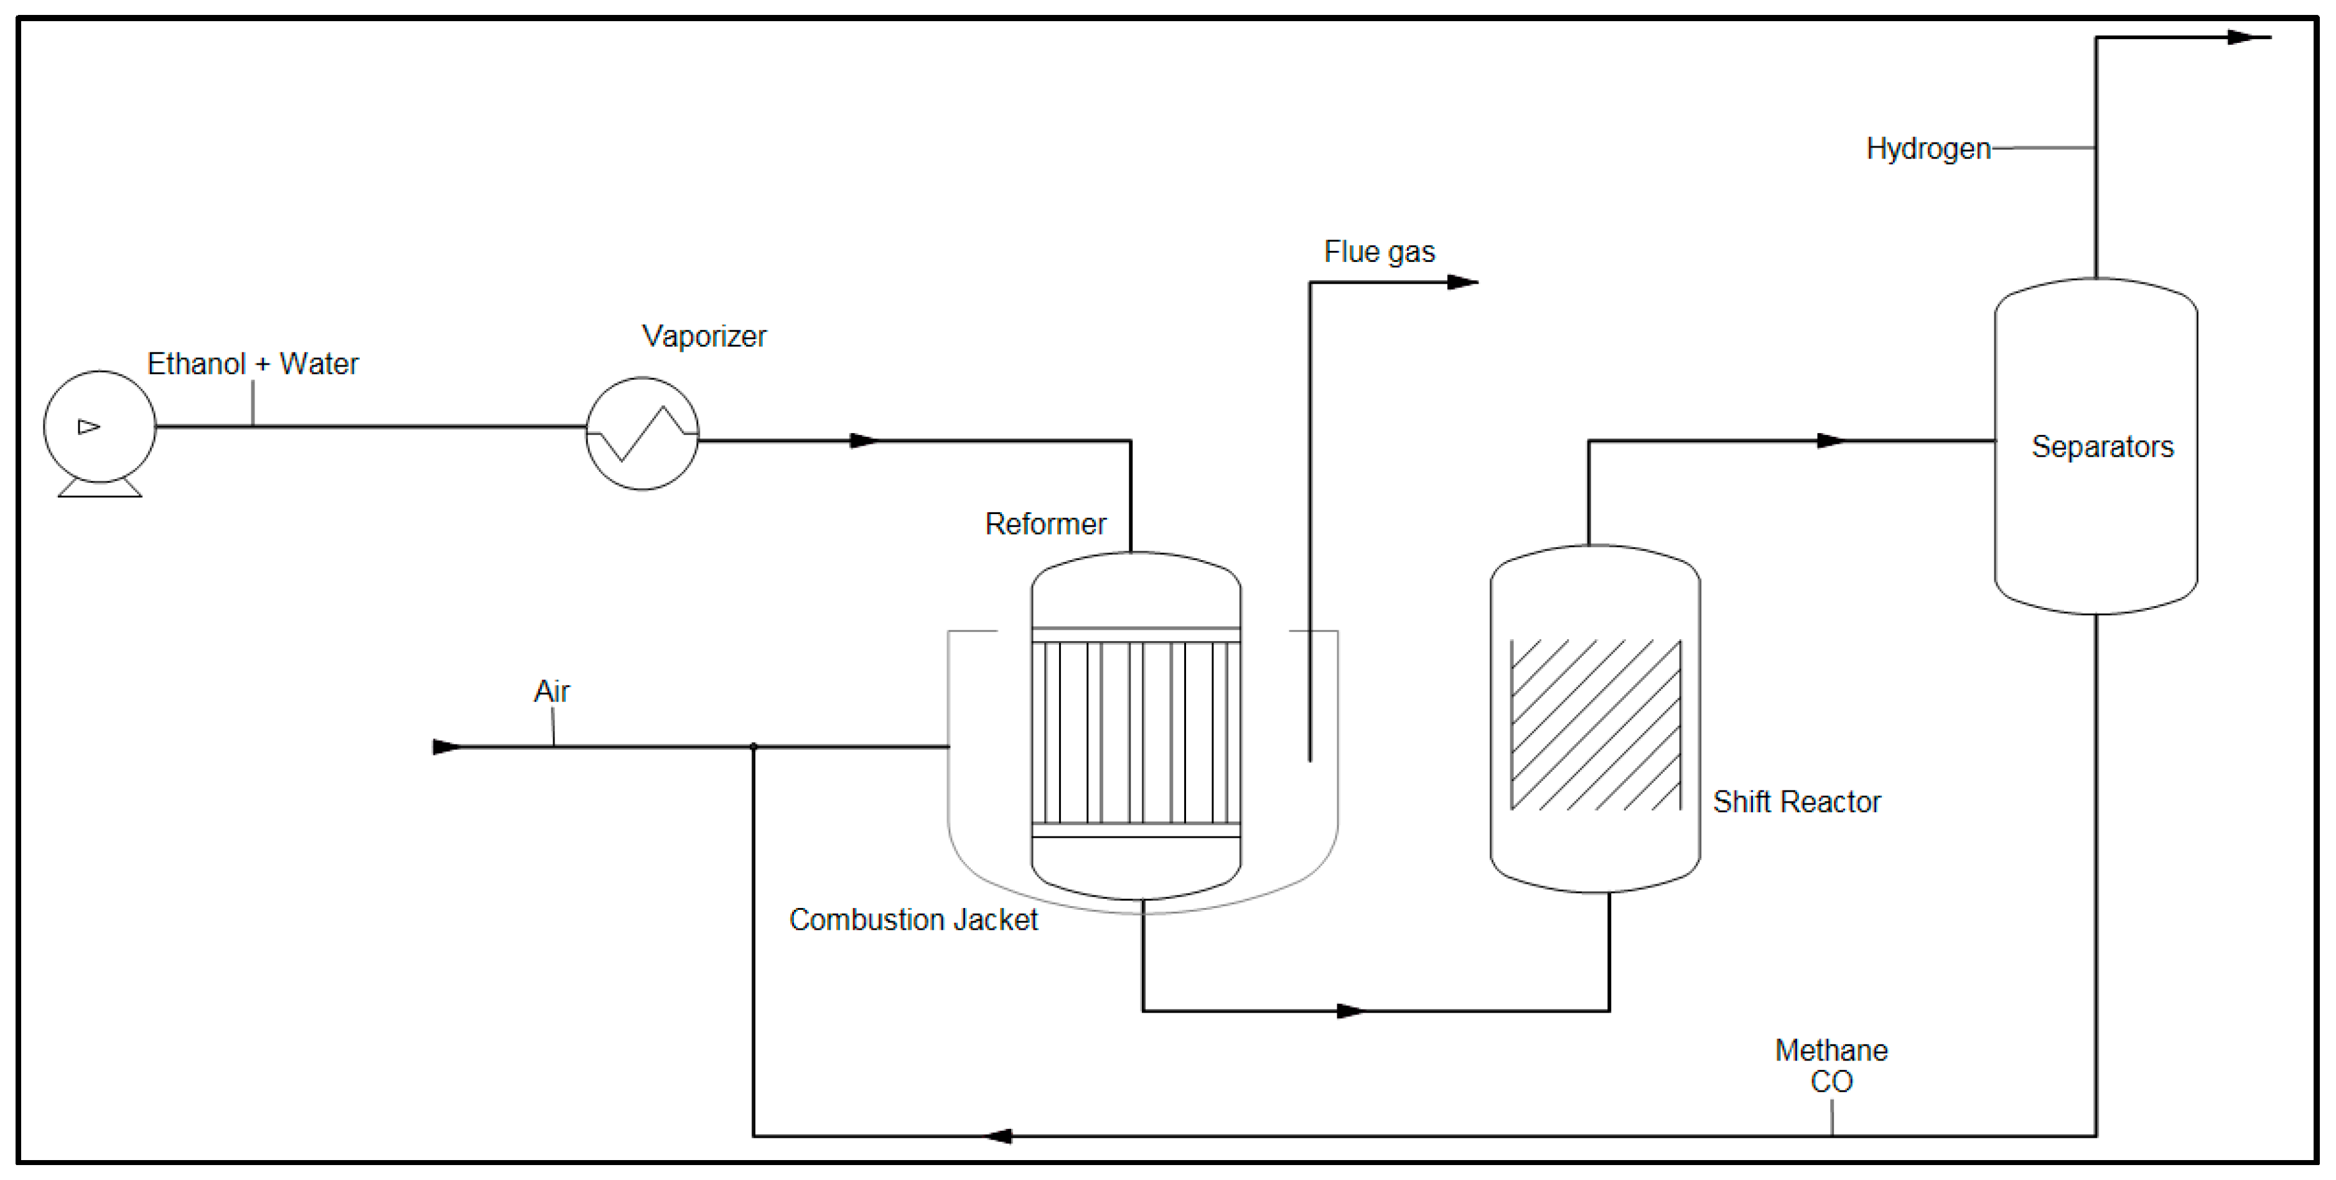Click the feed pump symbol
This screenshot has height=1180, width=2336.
pos(100,427)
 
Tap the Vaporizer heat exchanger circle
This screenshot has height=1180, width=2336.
pos(642,434)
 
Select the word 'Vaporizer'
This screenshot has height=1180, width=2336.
pos(704,337)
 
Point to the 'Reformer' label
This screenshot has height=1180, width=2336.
pos(1045,524)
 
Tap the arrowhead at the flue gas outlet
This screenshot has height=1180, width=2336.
pos(1462,282)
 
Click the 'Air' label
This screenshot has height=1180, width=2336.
pos(551,691)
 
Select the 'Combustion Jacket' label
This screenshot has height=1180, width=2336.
pos(912,920)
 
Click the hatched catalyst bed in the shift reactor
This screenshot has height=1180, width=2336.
pos(1595,724)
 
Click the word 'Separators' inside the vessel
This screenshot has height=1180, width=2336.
pos(2101,446)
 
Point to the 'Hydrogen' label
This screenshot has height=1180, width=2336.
pos(1927,149)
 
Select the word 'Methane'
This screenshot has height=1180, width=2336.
pos(1830,1051)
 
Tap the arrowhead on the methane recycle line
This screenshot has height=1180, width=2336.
pos(999,1136)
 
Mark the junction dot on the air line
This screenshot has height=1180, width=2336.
pos(754,747)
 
